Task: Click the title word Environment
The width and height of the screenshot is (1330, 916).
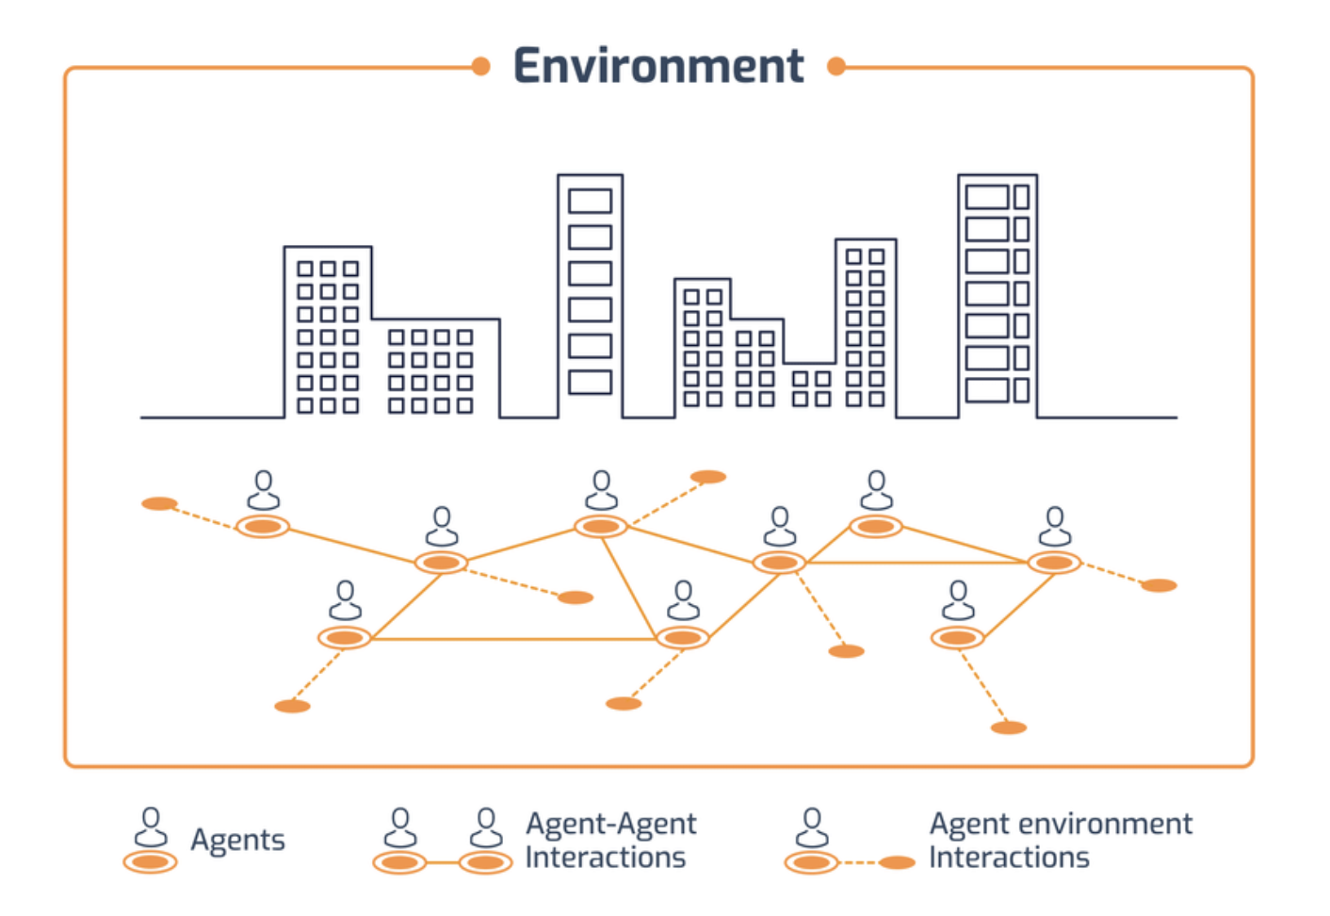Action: [x=658, y=66]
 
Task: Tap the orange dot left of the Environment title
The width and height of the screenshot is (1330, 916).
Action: [x=480, y=66]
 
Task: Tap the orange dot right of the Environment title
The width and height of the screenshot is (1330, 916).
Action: [x=835, y=66]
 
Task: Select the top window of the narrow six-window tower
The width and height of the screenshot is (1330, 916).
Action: [x=590, y=201]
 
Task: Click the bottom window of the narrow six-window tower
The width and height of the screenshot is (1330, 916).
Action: [x=590, y=382]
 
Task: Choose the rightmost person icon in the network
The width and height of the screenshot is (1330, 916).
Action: [x=1055, y=526]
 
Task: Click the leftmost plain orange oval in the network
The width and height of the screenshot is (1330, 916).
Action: [x=159, y=503]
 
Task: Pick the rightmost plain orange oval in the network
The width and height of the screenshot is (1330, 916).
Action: [x=1159, y=585]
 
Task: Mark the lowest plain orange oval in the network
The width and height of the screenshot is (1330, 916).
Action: [x=1009, y=728]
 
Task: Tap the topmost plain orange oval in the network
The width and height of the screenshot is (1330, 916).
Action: [x=708, y=477]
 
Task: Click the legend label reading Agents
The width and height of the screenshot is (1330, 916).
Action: [x=237, y=839]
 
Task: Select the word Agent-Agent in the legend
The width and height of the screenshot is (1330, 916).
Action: [x=611, y=824]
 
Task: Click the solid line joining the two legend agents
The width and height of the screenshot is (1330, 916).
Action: [x=443, y=862]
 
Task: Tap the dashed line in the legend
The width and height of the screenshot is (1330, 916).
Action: [x=859, y=862]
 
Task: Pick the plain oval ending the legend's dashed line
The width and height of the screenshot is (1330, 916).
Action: [x=897, y=862]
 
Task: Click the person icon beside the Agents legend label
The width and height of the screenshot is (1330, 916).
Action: [x=151, y=826]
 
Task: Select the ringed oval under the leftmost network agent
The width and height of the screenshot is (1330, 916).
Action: [x=263, y=526]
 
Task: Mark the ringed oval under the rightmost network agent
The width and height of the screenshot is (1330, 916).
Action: [x=1054, y=563]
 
